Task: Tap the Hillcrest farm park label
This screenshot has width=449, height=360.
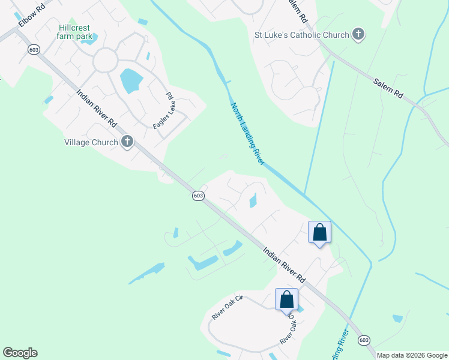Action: (76, 32)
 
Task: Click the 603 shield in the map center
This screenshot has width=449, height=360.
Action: (199, 196)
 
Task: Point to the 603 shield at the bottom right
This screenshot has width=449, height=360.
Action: (364, 340)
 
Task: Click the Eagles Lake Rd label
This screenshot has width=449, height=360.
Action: (162, 110)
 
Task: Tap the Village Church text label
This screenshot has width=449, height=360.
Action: (92, 142)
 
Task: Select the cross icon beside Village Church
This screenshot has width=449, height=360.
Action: (127, 142)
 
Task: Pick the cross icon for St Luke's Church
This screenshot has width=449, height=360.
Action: (358, 34)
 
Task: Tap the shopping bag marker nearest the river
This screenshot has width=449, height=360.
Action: (319, 232)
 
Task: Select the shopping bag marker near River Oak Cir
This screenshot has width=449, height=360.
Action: (286, 299)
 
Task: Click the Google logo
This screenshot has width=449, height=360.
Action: (20, 353)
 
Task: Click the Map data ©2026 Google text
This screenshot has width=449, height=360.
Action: (412, 355)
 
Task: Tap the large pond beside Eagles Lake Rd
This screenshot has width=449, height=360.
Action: (130, 80)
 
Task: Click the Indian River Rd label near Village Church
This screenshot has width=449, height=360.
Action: (97, 108)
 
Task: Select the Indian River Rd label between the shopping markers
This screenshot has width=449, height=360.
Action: (285, 265)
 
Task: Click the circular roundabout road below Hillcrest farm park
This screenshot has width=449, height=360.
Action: (106, 61)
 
